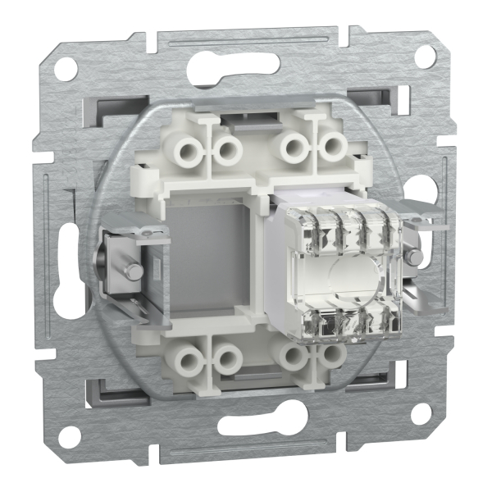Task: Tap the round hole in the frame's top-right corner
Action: click(425, 56)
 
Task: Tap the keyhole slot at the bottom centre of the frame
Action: click(248, 427)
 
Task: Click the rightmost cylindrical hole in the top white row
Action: click(330, 148)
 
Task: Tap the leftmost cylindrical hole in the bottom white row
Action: click(189, 358)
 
